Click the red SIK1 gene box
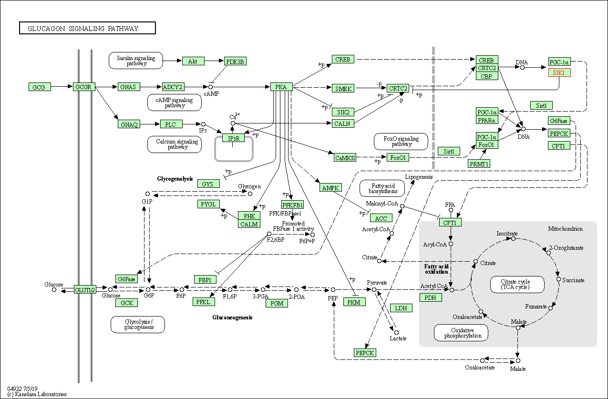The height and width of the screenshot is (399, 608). coord(559,73)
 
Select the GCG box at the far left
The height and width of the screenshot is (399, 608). coord(40,87)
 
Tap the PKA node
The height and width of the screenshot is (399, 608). coord(281,87)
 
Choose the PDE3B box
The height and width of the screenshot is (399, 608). coord(235,61)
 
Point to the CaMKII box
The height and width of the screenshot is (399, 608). coord(345,158)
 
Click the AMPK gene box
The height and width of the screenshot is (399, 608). coord(330,188)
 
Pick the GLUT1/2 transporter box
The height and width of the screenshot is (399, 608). coord(85,290)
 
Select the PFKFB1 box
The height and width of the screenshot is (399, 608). coord(293,205)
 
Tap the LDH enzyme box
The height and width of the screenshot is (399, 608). coord(401,308)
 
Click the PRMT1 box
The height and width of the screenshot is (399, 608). coord(479,164)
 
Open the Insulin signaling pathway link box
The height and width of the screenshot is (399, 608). coord(136,61)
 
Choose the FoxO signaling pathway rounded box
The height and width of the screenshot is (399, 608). coord(401,142)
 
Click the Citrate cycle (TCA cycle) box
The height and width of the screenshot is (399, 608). coord(517,285)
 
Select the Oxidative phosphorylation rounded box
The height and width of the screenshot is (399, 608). coord(461,333)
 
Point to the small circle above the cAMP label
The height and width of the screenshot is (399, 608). coord(210,87)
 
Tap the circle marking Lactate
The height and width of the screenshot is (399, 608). coord(396,333)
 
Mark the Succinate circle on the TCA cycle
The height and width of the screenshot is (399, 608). coord(558,279)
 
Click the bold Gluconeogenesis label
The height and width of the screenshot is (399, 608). coord(232,317)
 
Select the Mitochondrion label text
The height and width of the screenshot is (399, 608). coord(565,229)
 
